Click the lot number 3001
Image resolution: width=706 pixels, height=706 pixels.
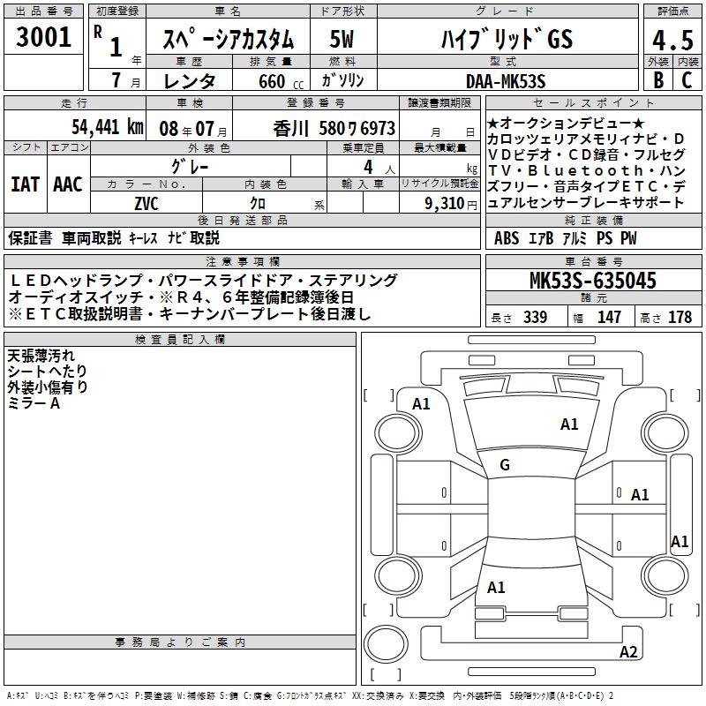point(43,36)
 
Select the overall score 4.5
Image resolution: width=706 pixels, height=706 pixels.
point(672,40)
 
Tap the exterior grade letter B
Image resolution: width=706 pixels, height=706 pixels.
point(658,80)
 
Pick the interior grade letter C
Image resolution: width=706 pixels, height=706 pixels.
point(687,80)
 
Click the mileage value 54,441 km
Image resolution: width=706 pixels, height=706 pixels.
point(108,127)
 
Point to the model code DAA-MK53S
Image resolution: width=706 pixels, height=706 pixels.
point(506,81)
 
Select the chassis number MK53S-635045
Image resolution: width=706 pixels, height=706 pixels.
point(593,280)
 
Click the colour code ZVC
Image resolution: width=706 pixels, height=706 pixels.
point(146,204)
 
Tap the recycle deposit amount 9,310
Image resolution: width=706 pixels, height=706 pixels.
point(445,204)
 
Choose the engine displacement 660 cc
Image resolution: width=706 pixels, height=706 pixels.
point(281,81)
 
